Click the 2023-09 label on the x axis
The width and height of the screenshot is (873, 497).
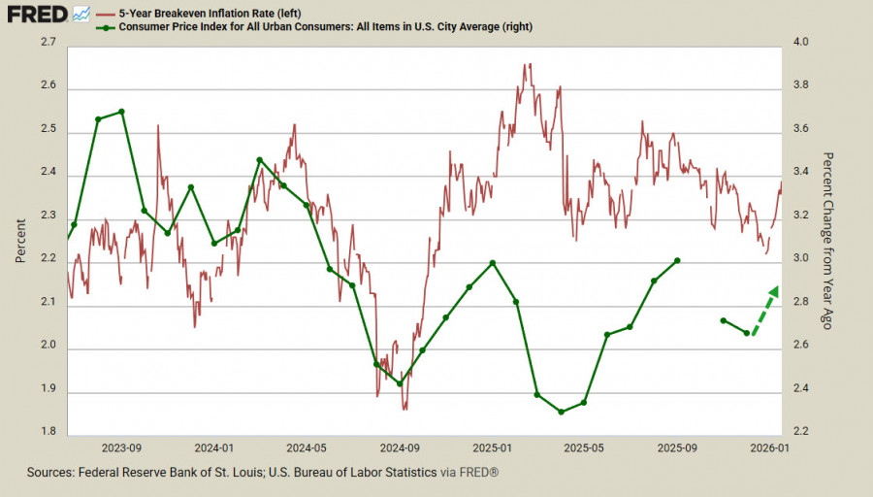point(122,448)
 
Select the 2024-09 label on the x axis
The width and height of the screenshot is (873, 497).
point(400,448)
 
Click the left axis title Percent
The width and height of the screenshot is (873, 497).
point(20,239)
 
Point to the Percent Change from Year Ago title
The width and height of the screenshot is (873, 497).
point(827,239)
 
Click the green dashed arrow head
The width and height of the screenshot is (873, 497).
point(774,289)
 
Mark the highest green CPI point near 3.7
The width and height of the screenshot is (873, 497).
point(121,112)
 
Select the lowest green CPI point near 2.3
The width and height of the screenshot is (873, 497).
point(561,412)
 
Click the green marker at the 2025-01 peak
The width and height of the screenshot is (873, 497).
point(493,263)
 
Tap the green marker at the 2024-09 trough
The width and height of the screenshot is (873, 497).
point(400,383)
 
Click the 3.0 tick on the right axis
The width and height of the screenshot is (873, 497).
point(801,260)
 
